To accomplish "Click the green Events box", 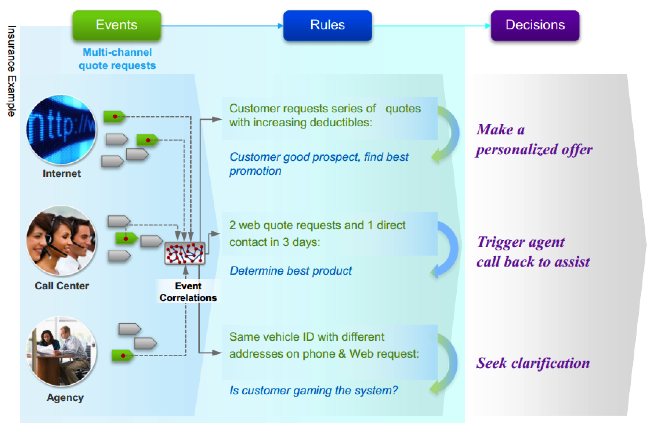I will point(116,25).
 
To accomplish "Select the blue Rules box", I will point(327,25).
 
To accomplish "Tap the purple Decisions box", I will point(535,25).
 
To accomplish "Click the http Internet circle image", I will point(61,130).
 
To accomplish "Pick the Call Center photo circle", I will point(61,241).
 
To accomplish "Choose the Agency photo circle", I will point(61,351).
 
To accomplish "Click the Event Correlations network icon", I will point(185,253).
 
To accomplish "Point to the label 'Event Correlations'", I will point(188,292).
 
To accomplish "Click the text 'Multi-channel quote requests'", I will point(117,59).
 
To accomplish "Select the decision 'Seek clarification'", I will point(533,363).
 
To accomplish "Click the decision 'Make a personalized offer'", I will point(533,140).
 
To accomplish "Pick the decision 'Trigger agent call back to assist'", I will point(533,252).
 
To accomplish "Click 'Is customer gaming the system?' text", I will point(314,390).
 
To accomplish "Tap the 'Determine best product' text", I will point(290,271).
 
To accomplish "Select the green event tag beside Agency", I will point(123,355).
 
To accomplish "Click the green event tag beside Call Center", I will point(126,239).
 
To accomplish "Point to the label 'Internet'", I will point(62,173).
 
